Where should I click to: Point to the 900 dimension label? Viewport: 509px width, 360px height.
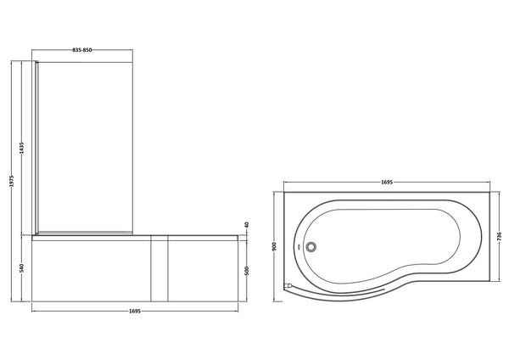(x=274, y=246)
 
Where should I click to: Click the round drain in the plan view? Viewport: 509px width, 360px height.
(x=313, y=248)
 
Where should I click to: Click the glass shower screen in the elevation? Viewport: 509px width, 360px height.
(x=85, y=144)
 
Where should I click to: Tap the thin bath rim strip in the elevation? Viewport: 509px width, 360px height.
(x=136, y=236)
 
